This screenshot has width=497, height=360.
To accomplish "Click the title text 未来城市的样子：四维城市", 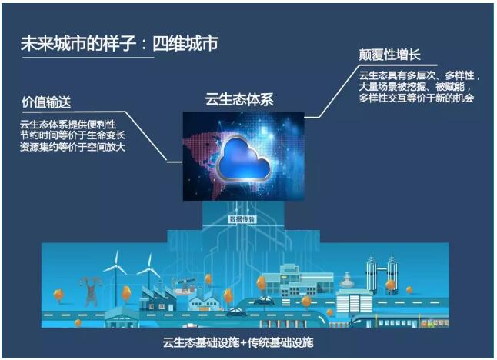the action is [119, 43].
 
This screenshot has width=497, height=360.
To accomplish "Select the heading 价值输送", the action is [46, 102].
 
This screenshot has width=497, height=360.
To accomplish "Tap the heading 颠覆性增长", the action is [389, 55].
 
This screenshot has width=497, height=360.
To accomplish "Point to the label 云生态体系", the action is [239, 99].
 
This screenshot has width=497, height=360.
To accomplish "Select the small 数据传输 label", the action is [242, 219].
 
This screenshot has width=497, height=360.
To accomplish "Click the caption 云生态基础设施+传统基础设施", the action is [238, 342].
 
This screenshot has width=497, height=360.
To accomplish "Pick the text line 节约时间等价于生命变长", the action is [72, 135].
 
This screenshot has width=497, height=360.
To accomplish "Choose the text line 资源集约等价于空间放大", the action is [72, 147].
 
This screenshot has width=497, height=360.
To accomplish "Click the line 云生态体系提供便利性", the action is [68, 124].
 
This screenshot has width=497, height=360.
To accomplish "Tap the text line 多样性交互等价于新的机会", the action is [416, 98].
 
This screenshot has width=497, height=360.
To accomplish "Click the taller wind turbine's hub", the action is [117, 266].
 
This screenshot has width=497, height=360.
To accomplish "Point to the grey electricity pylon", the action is [91, 291].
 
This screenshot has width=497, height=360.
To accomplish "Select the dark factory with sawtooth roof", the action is [158, 298].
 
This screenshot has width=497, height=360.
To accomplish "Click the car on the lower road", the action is [236, 312].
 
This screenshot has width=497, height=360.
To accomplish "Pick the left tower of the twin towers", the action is [372, 274].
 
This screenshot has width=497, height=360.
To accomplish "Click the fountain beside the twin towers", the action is [347, 280].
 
